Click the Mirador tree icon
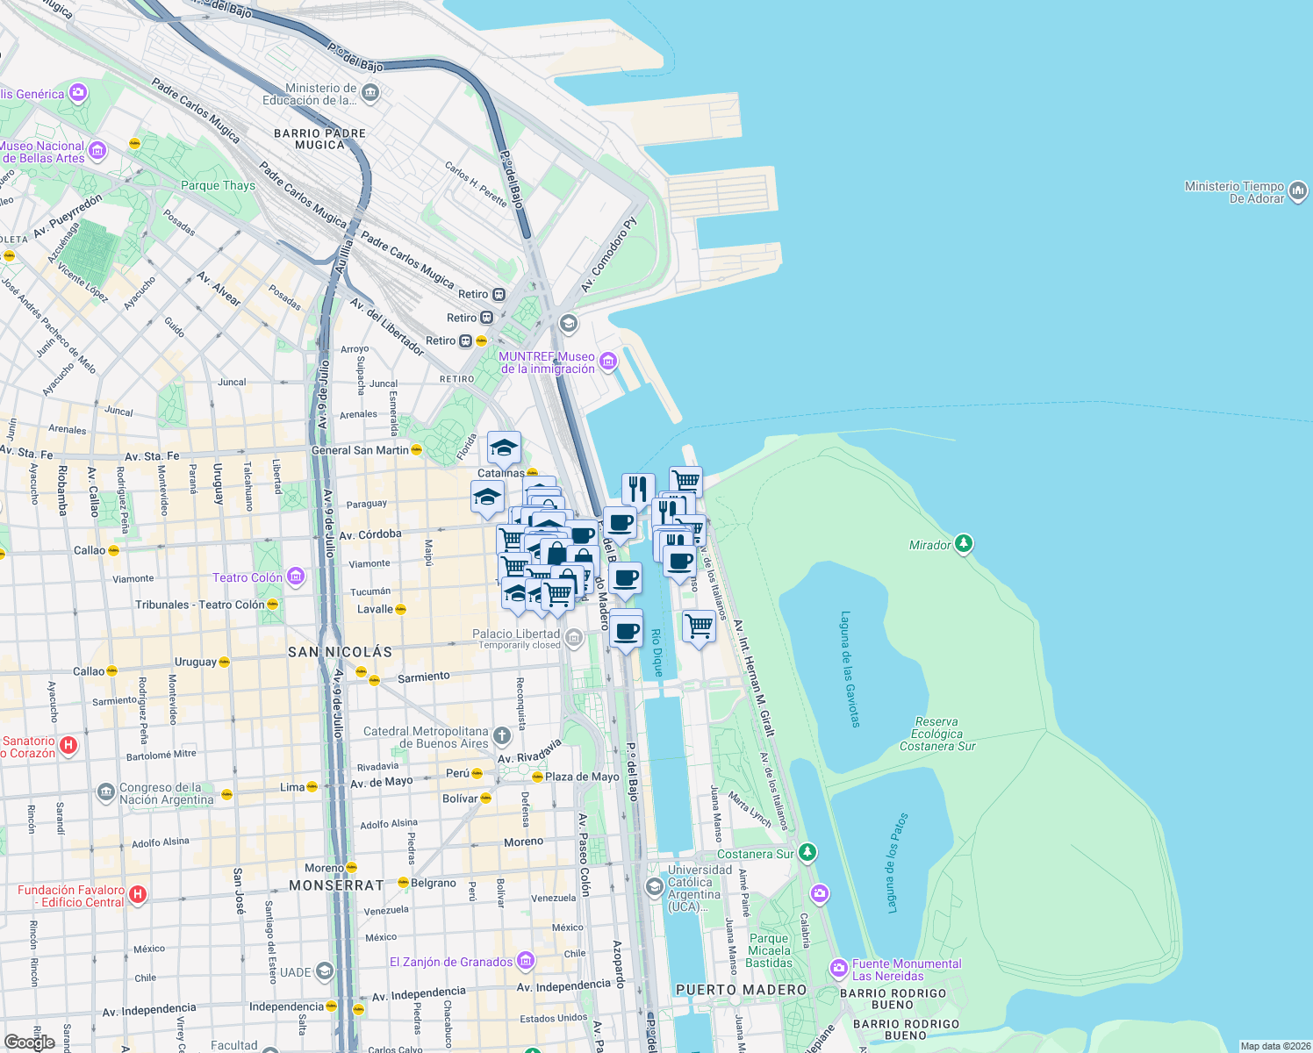click(964, 544)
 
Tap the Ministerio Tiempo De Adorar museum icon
click(1298, 190)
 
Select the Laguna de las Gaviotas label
click(850, 669)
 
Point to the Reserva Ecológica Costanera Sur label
click(937, 734)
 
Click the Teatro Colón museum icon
click(296, 577)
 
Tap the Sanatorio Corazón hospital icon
click(68, 746)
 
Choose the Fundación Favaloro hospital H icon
click(137, 894)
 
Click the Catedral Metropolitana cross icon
click(501, 735)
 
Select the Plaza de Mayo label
click(582, 777)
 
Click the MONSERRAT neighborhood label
click(336, 885)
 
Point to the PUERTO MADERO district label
click(741, 990)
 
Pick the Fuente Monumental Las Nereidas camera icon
click(838, 969)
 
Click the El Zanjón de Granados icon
click(525, 961)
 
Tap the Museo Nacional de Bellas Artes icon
click(97, 151)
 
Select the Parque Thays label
click(218, 185)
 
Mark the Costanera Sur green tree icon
click(807, 852)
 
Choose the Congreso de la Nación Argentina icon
click(106, 792)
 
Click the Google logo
click(30, 1042)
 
